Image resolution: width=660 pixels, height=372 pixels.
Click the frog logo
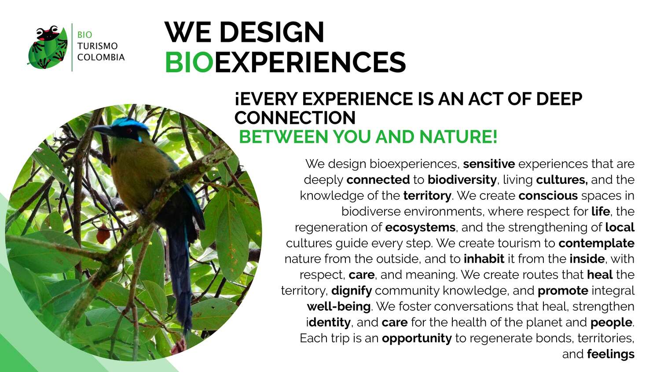pyautogui.click(x=48, y=47)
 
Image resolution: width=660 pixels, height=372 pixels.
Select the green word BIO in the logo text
pyautogui.click(x=84, y=35)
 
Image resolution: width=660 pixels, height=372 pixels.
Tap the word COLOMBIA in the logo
pyautogui.click(x=101, y=57)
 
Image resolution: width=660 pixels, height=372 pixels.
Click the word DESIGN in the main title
pyautogui.click(x=271, y=32)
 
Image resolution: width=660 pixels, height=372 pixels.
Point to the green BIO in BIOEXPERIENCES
pyautogui.click(x=189, y=62)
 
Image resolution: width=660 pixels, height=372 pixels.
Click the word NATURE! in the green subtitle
pyautogui.click(x=458, y=137)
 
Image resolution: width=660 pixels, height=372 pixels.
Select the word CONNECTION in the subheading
pyautogui.click(x=295, y=118)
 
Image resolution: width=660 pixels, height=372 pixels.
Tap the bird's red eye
pyautogui.click(x=128, y=129)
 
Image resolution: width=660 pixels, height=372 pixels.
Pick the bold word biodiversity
pyautogui.click(x=462, y=180)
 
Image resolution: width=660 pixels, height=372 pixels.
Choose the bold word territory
pyautogui.click(x=427, y=196)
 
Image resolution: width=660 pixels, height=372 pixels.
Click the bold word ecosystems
pyautogui.click(x=421, y=227)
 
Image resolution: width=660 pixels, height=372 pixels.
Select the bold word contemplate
pyautogui.click(x=596, y=243)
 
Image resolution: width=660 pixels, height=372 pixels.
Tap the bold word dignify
pyautogui.click(x=352, y=291)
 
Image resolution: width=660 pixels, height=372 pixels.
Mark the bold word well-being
pyautogui.click(x=338, y=306)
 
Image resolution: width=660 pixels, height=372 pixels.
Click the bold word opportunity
pyautogui.click(x=417, y=339)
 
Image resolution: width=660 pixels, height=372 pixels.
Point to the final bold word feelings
pyautogui.click(x=611, y=354)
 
